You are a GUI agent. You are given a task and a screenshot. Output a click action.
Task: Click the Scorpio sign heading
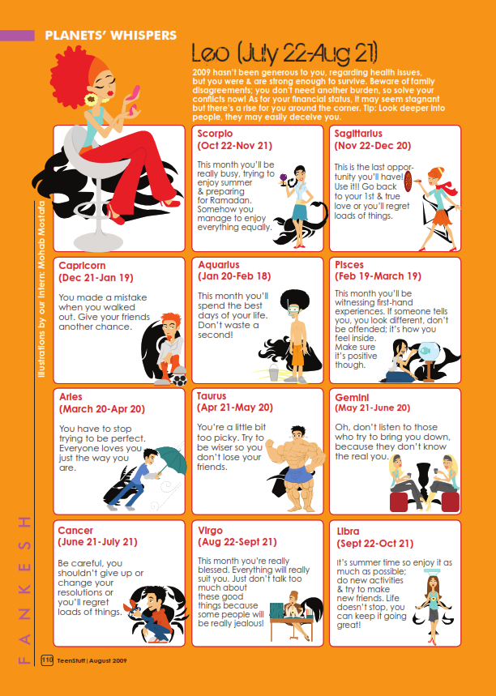pos(215,134)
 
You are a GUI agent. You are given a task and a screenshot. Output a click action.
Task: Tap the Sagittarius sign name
pos(358,134)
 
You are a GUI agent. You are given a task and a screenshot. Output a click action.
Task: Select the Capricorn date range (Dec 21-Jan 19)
pos(96,278)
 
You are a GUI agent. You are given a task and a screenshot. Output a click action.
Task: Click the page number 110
pos(47,660)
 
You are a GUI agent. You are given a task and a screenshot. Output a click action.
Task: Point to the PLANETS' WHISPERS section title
pos(110,36)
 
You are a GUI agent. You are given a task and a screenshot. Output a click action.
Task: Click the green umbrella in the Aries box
pos(170,460)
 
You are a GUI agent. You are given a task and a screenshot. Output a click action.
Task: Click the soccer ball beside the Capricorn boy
pos(179,380)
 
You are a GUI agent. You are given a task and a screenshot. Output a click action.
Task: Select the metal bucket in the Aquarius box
pos(274,373)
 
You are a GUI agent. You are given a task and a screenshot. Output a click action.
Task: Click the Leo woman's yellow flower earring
pos(92,99)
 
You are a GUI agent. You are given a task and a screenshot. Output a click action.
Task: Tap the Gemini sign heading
pos(352,398)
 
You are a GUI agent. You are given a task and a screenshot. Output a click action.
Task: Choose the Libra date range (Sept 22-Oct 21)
pos(374,544)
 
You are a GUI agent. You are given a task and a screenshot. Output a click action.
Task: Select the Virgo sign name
pos(210,531)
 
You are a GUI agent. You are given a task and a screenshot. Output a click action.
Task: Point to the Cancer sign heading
pos(75,531)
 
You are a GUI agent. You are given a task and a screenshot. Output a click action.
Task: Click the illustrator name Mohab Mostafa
pos(41,235)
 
